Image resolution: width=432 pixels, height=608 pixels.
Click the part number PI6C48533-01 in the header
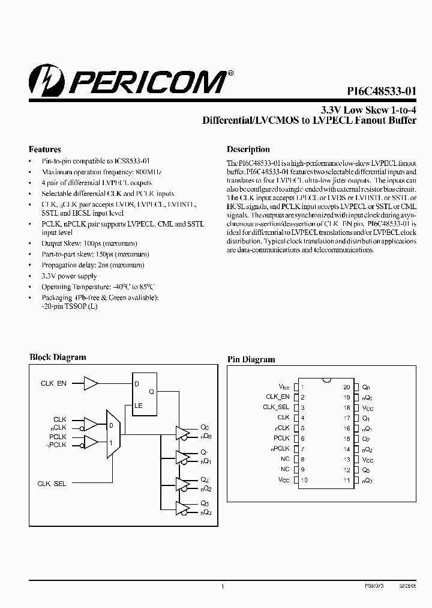pyautogui.click(x=382, y=92)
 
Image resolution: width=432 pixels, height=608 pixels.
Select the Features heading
pyautogui.click(x=45, y=149)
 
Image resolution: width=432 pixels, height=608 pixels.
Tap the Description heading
pyautogui.click(x=248, y=149)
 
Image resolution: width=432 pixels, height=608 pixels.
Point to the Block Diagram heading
pyautogui.click(x=58, y=357)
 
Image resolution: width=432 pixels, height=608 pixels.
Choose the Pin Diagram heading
pyautogui.click(x=251, y=359)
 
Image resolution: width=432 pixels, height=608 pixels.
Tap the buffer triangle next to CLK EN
pyautogui.click(x=91, y=383)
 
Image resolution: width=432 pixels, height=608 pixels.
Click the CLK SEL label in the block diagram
pyautogui.click(x=52, y=484)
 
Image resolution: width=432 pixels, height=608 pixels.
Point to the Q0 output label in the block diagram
pyautogui.click(x=205, y=428)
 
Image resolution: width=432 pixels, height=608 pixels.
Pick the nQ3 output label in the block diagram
pyautogui.click(x=205, y=512)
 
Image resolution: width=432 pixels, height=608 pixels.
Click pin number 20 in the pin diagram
pyautogui.click(x=347, y=388)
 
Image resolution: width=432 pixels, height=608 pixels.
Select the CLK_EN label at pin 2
pyautogui.click(x=278, y=397)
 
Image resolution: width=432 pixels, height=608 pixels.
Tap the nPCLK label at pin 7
pyautogui.click(x=280, y=449)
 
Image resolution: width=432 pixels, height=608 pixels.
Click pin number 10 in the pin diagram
pyautogui.click(x=305, y=480)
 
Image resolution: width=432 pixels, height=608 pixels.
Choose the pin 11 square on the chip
pyautogui.click(x=356, y=480)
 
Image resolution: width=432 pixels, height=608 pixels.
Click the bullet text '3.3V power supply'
pyautogui.click(x=69, y=276)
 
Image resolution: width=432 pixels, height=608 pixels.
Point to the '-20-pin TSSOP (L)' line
pyautogui.click(x=69, y=306)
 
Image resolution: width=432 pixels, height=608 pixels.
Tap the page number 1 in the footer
pyautogui.click(x=223, y=586)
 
